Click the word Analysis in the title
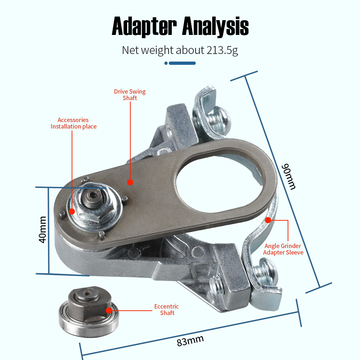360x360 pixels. pos(215,27)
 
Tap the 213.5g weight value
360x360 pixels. pos(222,50)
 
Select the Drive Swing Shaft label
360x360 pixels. pos(130,95)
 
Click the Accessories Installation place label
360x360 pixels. pos(73,123)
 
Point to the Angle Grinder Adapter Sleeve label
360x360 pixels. pos(283,249)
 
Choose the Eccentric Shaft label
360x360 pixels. pos(167,310)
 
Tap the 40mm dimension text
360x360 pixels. pos(42,229)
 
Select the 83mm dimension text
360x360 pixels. pos(190,340)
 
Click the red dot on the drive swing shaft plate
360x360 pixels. pos(130,182)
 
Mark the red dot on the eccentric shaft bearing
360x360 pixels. pos(108,310)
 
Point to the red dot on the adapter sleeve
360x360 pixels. pos(268,220)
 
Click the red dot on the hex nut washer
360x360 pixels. pos(72,211)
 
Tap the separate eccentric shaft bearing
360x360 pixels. pos(89,306)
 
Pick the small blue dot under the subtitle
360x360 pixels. pos(166,63)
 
